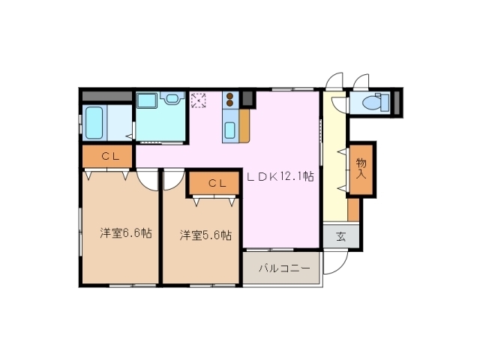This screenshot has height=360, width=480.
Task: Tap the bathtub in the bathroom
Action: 94,122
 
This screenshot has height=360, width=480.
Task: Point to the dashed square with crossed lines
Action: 199,100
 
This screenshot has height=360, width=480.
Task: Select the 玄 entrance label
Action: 340,237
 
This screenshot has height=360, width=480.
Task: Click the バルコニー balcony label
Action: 281,268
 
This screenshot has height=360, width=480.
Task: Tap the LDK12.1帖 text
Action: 280,178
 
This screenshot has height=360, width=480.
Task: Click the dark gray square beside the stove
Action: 248,98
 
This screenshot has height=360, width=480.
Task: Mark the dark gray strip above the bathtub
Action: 107,97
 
